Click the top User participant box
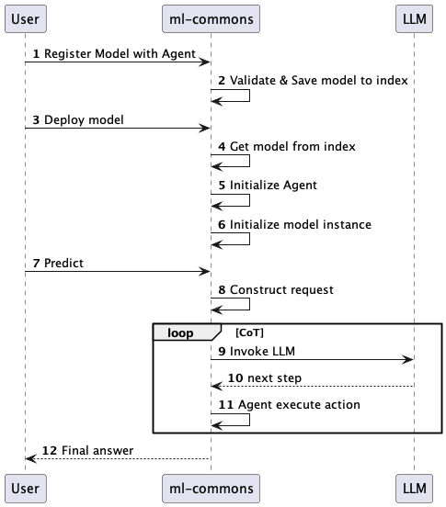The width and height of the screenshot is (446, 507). click(x=25, y=17)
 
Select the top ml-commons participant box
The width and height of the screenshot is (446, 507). click(x=211, y=17)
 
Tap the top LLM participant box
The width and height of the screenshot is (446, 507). click(x=415, y=17)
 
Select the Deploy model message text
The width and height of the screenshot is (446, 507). click(x=84, y=119)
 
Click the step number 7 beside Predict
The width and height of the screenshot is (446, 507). click(x=36, y=263)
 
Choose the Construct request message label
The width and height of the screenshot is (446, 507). click(x=281, y=289)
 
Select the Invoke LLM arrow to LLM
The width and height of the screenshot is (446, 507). click(x=313, y=360)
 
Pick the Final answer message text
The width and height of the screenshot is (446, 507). click(x=97, y=450)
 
